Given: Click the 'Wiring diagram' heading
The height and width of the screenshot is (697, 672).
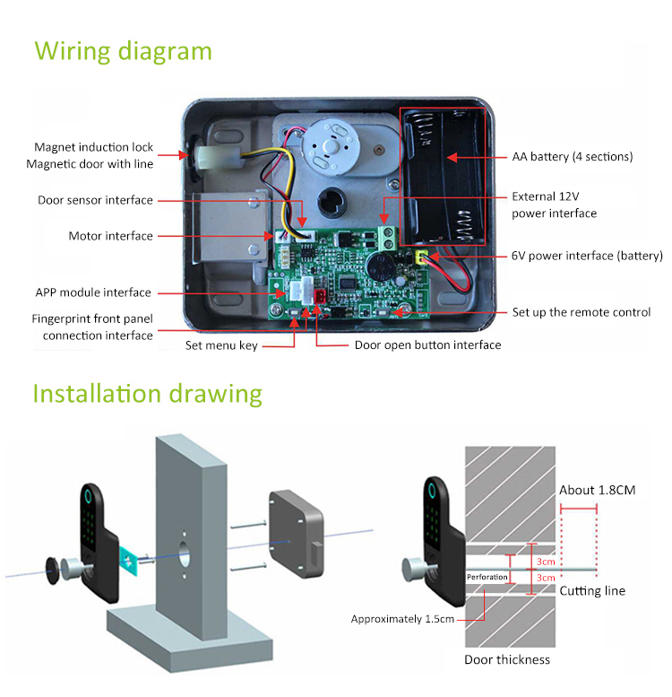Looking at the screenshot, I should tap(123, 50).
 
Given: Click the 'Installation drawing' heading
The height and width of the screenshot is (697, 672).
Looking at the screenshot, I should tap(147, 394).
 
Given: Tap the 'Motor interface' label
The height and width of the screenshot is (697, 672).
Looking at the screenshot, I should tap(110, 237).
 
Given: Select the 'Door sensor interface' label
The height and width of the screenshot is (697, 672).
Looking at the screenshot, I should tap(95, 200).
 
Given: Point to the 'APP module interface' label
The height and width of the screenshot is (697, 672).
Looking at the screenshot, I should tap(93, 292).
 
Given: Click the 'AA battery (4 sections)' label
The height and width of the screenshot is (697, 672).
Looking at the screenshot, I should tap(573, 157).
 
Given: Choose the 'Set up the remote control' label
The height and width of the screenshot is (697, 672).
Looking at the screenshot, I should tap(581, 312).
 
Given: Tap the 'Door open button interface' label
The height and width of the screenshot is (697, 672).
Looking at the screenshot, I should tap(427, 345).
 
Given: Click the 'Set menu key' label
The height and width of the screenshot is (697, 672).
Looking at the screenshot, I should tap(220, 345).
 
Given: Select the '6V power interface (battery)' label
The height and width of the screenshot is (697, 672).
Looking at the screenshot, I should tap(587, 256).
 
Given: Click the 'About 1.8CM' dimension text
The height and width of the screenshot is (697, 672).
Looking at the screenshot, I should tap(598, 490).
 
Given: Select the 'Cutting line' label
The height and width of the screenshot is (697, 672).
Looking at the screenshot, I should tap(592, 591).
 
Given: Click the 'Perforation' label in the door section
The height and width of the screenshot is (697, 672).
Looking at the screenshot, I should tap(487, 577).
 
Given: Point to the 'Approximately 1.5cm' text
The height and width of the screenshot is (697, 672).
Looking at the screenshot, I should tap(402, 619).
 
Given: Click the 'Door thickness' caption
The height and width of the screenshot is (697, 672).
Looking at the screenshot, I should tap(506, 660).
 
